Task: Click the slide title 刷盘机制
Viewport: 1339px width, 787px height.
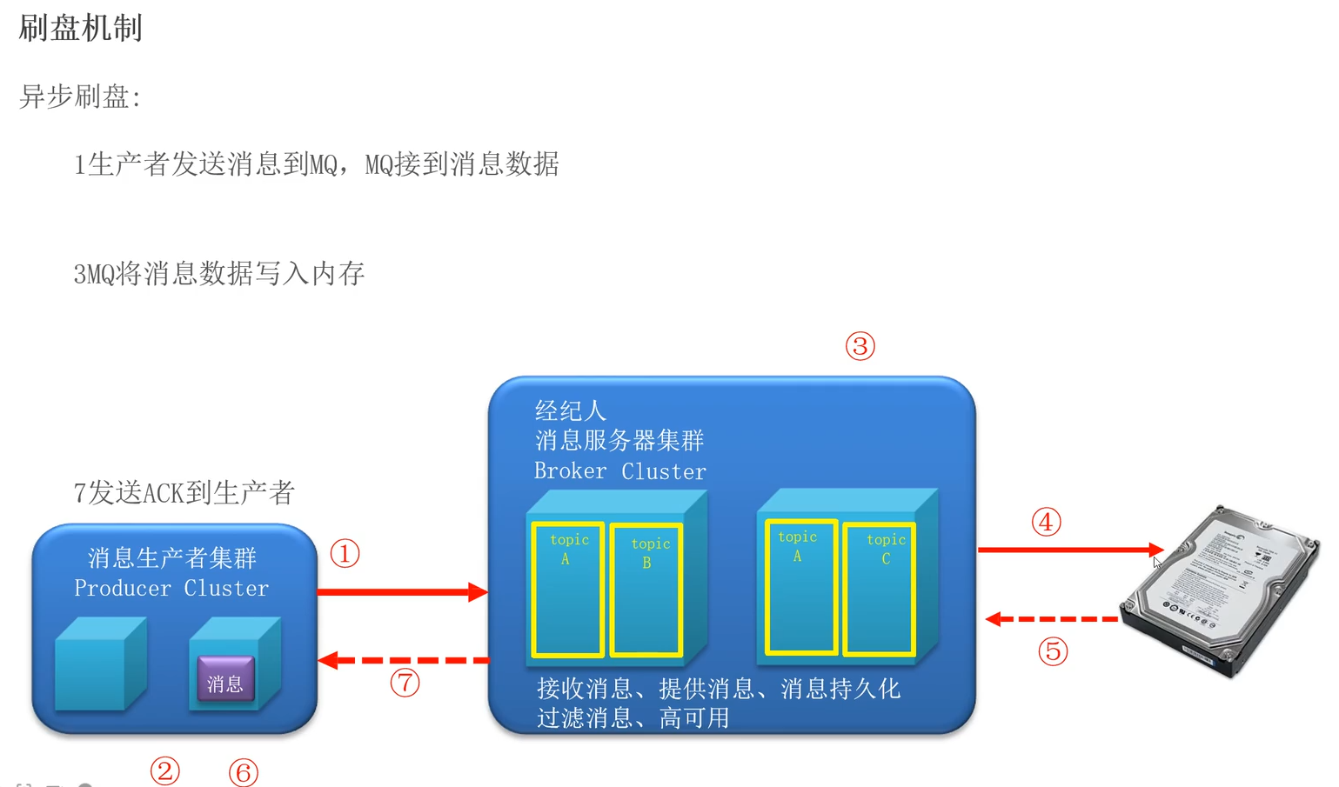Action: click(80, 29)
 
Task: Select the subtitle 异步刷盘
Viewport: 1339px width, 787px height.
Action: click(80, 97)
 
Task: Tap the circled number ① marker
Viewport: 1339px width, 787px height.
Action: click(345, 554)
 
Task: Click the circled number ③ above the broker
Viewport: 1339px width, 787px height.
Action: click(860, 346)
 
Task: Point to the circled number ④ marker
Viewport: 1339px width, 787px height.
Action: click(1046, 522)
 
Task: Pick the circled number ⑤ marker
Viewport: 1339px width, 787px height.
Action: click(1053, 651)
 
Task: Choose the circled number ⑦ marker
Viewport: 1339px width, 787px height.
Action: click(405, 683)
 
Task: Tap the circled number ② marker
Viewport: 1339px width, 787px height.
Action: click(164, 770)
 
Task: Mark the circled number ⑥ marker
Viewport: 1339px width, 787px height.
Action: click(244, 771)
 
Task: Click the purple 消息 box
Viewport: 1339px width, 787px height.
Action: click(225, 679)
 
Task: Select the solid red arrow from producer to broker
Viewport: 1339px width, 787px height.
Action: click(401, 592)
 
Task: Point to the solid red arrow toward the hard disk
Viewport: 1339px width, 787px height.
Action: click(1070, 550)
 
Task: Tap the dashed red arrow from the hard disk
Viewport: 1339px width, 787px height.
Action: click(1053, 619)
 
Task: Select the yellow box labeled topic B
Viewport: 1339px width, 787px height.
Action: click(646, 589)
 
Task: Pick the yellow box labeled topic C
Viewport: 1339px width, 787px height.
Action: click(879, 588)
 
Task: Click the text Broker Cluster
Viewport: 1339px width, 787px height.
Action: click(619, 471)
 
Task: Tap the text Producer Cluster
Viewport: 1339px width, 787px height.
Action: click(171, 589)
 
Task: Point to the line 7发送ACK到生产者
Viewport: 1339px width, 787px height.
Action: click(184, 493)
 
